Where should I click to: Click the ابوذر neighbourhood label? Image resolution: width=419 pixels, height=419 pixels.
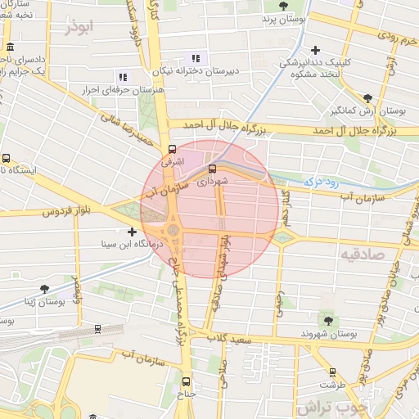click(x=83, y=27)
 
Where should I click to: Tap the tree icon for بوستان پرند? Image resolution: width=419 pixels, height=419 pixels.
click(x=283, y=6)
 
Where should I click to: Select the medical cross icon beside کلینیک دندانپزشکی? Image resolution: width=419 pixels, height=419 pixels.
click(x=316, y=48)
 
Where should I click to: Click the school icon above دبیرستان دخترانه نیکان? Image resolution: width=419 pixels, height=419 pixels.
click(x=195, y=58)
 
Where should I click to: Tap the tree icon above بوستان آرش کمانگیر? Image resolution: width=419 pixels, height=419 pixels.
click(x=367, y=97)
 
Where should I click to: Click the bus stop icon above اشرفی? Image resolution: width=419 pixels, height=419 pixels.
click(x=172, y=150)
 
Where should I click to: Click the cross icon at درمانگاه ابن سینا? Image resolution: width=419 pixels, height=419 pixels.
click(x=133, y=232)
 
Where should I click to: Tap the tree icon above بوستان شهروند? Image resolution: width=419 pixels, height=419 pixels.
click(x=328, y=321)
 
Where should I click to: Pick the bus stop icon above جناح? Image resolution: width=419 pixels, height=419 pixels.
click(x=186, y=381)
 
